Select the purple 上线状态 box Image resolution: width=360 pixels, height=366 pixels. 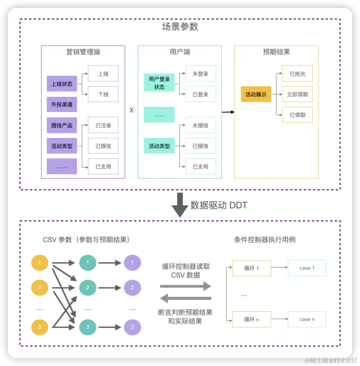tap(62, 84)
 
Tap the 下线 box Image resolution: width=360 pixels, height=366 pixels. tap(103, 94)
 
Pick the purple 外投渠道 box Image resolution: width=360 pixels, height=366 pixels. tap(62, 105)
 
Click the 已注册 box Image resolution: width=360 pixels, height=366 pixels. tap(103, 125)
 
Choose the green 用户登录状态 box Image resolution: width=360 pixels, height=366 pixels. tap(159, 83)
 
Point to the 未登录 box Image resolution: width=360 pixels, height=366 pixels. tap(200, 74)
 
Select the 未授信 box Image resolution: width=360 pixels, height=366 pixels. tap(200, 125)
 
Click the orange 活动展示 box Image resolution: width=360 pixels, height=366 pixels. tap(256, 94)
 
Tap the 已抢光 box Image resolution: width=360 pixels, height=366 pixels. tap(297, 74)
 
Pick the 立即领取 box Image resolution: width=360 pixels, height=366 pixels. tap(297, 94)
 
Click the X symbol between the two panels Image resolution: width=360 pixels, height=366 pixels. tap(131, 110)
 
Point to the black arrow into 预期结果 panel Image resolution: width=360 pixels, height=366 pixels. tap(228, 112)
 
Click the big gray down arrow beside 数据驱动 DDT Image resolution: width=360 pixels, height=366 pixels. tap(179, 205)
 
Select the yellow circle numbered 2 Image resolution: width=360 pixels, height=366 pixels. tap(40, 287)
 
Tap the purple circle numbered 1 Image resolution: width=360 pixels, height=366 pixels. tap(132, 263)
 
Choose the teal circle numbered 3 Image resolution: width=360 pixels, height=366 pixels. tap(88, 327)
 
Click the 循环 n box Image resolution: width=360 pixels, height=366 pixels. tap(251, 319)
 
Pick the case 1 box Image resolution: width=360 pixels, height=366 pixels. tap(307, 268)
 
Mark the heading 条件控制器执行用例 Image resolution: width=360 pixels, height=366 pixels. tap(265, 240)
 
